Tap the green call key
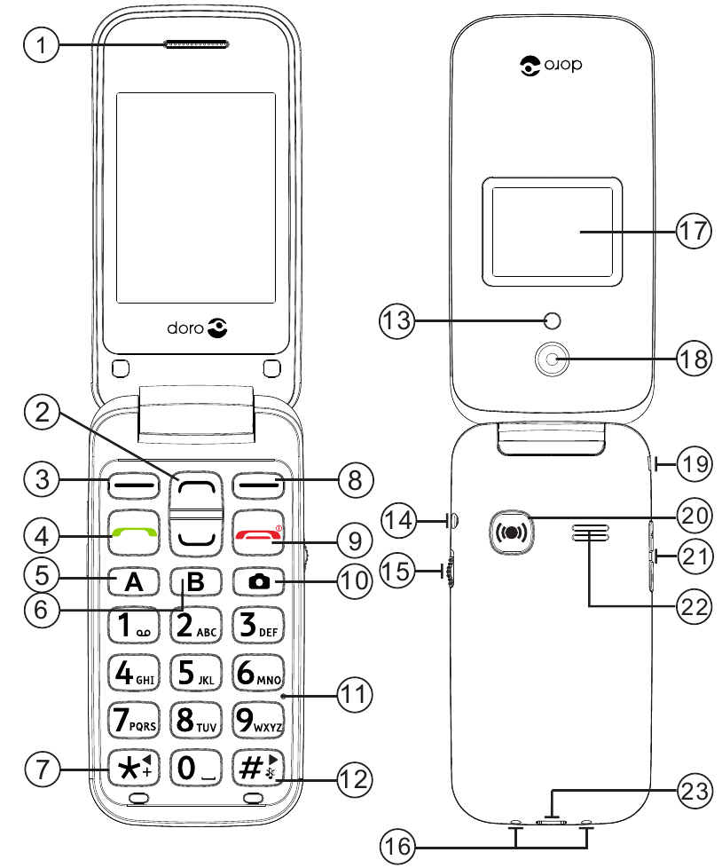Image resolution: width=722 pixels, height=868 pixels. coord(133,534)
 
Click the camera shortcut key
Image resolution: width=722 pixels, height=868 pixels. coord(259,582)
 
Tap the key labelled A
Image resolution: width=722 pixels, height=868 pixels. coord(133,582)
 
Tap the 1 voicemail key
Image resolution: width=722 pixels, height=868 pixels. coord(133,626)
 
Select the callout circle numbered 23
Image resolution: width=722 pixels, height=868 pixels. coord(695,788)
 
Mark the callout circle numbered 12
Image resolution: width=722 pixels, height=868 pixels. coord(352,781)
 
